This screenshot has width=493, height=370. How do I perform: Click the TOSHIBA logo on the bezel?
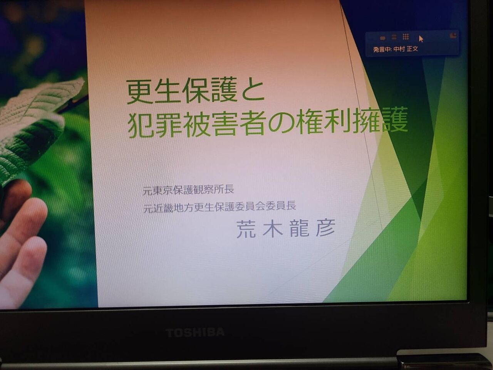pyautogui.click(x=195, y=333)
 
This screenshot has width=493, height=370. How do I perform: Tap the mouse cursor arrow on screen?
pyautogui.click(x=421, y=39)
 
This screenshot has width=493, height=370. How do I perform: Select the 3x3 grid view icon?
pyautogui.click(x=406, y=37)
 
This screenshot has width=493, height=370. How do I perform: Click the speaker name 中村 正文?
pyautogui.click(x=406, y=49)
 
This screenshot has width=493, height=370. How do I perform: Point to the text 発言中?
pyautogui.click(x=382, y=49)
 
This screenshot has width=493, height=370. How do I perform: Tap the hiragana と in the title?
pyautogui.click(x=252, y=91)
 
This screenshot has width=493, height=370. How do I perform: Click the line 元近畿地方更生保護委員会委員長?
pyautogui.click(x=220, y=207)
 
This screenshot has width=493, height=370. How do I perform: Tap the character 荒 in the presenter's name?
pyautogui.click(x=246, y=229)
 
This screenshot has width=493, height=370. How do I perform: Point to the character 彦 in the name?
pyautogui.click(x=325, y=227)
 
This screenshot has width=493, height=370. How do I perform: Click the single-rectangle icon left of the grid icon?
pyautogui.click(x=382, y=38)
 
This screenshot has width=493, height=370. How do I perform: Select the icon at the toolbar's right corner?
pyautogui.click(x=453, y=35)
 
